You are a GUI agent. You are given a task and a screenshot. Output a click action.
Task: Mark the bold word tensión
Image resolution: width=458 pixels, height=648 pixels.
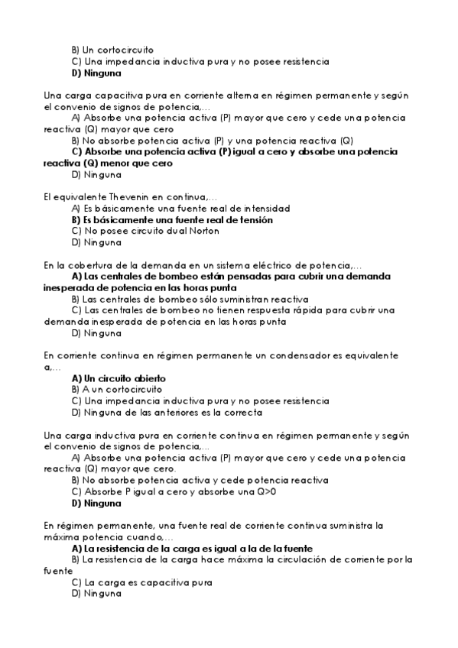coord(251,219)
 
